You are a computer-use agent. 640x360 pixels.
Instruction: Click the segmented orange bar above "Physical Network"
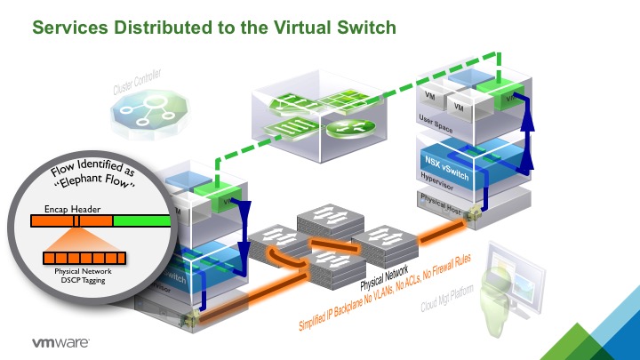84,259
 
